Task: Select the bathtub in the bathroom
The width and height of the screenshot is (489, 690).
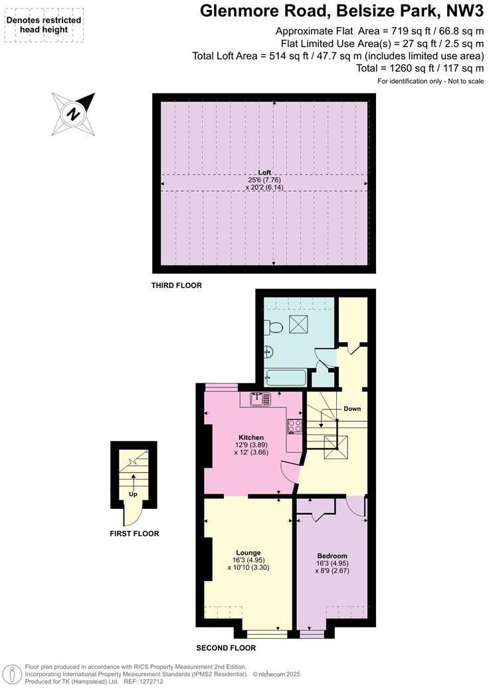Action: click(x=285, y=378)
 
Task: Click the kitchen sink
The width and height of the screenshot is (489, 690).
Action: click(x=259, y=399)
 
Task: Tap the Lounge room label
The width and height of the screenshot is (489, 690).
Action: click(x=248, y=552)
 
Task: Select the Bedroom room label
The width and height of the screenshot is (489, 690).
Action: click(x=332, y=555)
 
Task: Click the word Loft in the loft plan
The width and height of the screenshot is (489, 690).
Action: click(x=264, y=172)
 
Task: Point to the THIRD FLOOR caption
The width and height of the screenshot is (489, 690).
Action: click(x=177, y=285)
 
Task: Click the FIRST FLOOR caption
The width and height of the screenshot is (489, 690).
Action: click(x=135, y=533)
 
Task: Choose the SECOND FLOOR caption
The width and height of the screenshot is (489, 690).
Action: click(x=226, y=648)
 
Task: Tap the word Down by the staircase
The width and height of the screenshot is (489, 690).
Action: click(x=352, y=409)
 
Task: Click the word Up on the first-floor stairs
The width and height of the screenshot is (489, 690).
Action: click(x=133, y=494)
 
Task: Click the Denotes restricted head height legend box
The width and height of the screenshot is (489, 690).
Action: click(x=44, y=25)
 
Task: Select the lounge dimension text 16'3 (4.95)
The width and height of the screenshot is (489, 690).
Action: click(x=248, y=560)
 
